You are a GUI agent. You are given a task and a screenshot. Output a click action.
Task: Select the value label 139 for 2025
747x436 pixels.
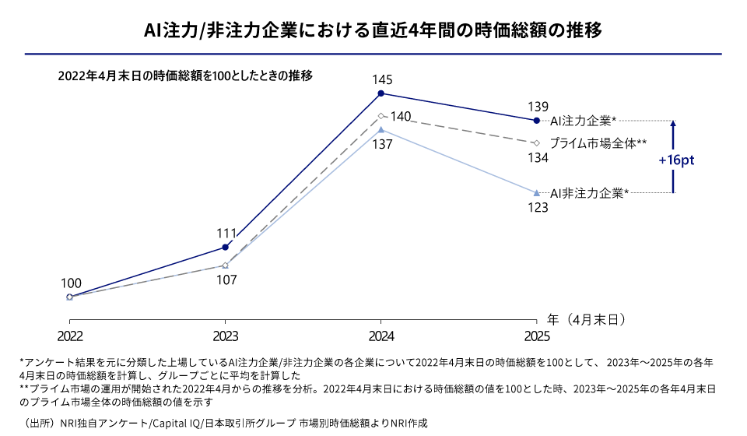pyautogui.click(x=538, y=107)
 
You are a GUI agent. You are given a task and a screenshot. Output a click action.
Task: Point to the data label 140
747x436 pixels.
pyautogui.click(x=401, y=116)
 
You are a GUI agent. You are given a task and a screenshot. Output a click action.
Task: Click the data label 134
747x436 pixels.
pyautogui.click(x=538, y=158)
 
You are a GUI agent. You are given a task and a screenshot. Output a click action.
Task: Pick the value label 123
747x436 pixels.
pyautogui.click(x=538, y=208)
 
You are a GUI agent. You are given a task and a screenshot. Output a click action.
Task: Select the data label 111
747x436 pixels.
pyautogui.click(x=226, y=233)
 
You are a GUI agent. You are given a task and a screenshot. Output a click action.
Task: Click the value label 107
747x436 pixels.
pyautogui.click(x=226, y=280)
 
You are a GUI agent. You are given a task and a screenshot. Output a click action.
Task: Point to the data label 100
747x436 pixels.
pyautogui.click(x=70, y=283)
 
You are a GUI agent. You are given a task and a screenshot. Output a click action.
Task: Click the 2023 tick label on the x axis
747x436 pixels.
pyautogui.click(x=226, y=336)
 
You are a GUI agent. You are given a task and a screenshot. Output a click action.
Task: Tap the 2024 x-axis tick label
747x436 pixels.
pyautogui.click(x=381, y=336)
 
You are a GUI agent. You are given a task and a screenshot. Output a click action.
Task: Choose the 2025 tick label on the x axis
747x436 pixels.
pyautogui.click(x=536, y=336)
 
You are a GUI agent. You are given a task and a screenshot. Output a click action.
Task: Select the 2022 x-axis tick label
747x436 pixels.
pyautogui.click(x=70, y=336)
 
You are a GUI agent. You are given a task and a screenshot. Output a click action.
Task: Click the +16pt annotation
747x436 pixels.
pyautogui.click(x=675, y=159)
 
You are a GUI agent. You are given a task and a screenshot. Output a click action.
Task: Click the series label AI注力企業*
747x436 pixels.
pyautogui.click(x=583, y=121)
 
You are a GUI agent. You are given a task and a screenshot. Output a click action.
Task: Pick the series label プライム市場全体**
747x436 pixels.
pyautogui.click(x=598, y=144)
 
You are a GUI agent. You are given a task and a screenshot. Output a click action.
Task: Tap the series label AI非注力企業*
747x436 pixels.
pyautogui.click(x=589, y=192)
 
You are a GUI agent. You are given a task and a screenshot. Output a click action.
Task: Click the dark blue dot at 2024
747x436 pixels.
pyautogui.click(x=381, y=93)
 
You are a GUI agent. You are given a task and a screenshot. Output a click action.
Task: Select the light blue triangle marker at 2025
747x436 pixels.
pyautogui.click(x=536, y=192)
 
